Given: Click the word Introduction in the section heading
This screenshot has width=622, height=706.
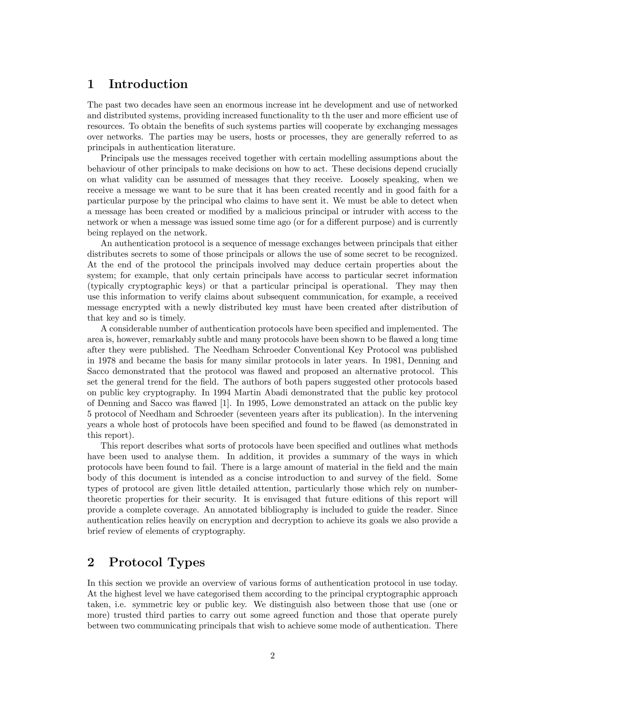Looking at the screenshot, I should [x=148, y=84].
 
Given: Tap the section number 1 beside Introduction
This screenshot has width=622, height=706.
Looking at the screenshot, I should [x=91, y=84].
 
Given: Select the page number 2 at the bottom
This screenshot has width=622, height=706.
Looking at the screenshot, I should [x=272, y=656].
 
